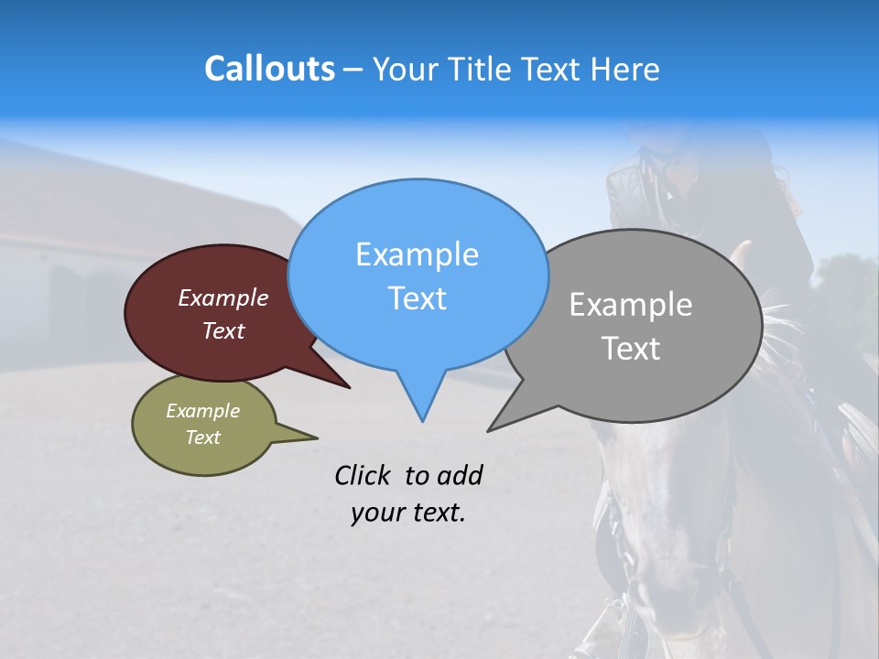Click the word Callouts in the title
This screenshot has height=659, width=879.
pyautogui.click(x=269, y=69)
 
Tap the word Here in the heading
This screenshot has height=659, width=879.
pyautogui.click(x=624, y=69)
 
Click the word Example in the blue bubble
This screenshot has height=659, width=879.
pyautogui.click(x=417, y=254)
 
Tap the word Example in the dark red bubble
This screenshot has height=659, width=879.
pyautogui.click(x=222, y=297)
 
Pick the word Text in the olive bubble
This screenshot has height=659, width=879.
pyautogui.click(x=202, y=438)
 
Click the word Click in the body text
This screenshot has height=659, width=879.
pyautogui.click(x=362, y=475)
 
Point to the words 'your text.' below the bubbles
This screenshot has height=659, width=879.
pyautogui.click(x=408, y=513)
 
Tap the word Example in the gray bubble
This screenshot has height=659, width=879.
pyautogui.click(x=630, y=305)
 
